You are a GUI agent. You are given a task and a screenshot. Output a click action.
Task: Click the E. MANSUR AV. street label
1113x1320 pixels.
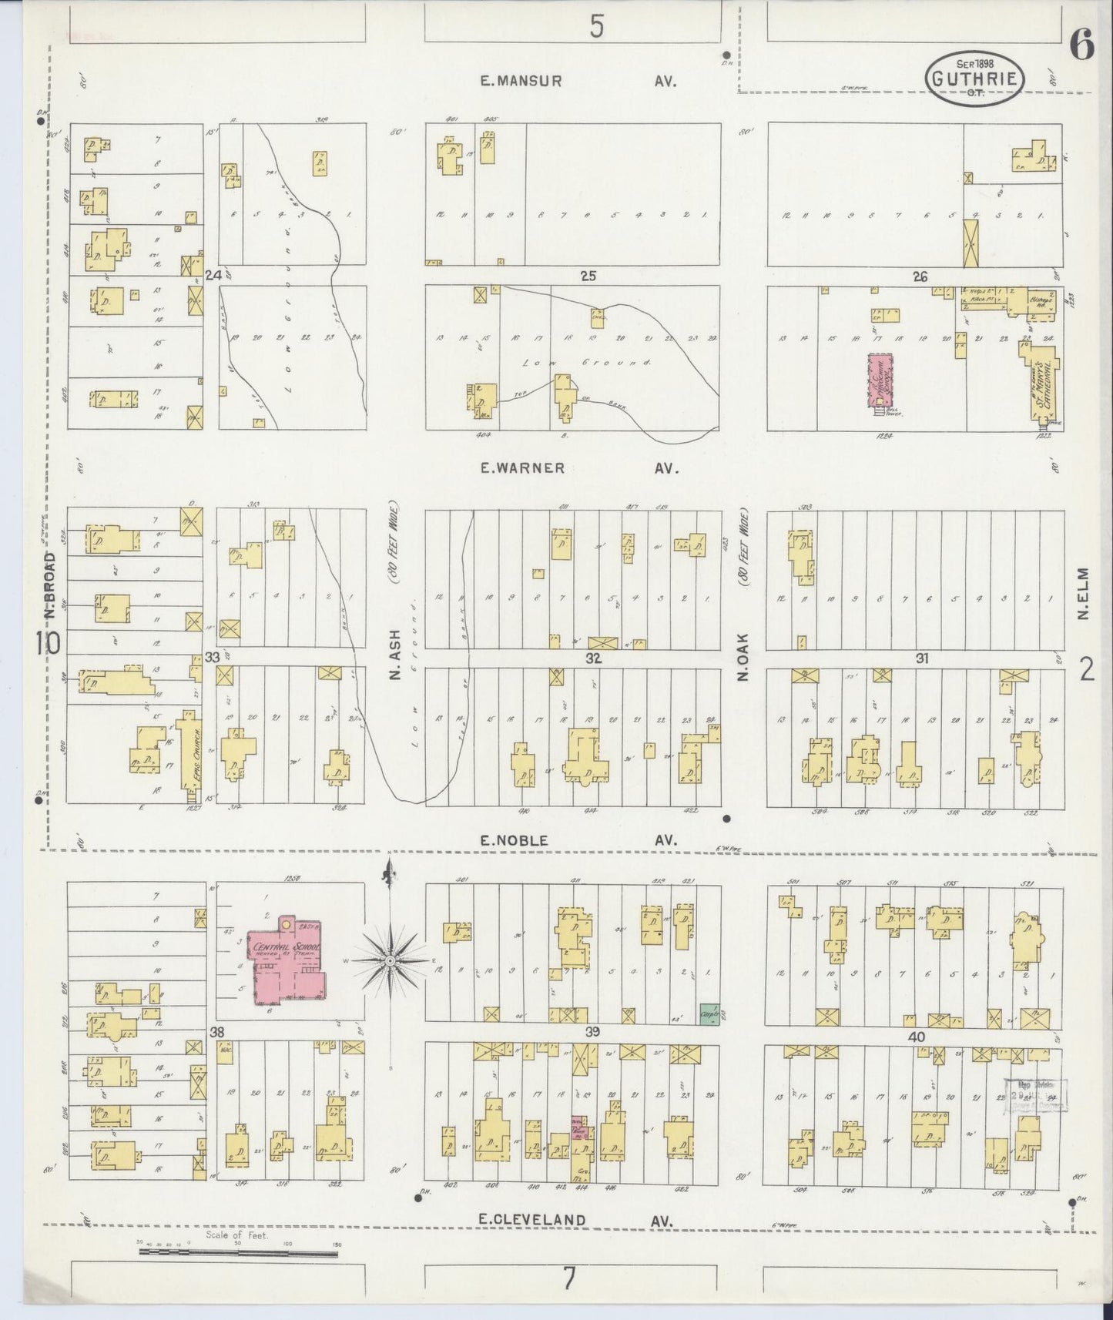[x=578, y=81]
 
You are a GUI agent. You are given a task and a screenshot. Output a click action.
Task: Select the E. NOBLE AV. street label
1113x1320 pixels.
[x=578, y=841]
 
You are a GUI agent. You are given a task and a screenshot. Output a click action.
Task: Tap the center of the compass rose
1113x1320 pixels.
[x=391, y=961]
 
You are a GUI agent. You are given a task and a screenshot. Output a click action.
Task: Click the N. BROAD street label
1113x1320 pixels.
[x=51, y=585]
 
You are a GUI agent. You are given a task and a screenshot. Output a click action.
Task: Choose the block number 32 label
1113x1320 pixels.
[x=593, y=658]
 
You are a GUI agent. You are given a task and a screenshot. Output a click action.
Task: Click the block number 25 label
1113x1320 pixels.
[x=588, y=276]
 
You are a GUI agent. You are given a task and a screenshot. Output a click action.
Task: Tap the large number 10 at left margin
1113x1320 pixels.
[x=47, y=642]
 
